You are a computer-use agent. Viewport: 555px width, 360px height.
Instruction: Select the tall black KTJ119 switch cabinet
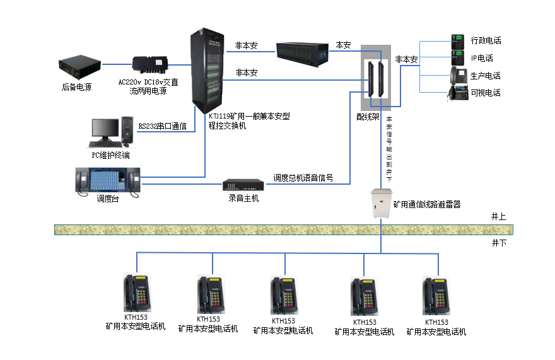(206, 70)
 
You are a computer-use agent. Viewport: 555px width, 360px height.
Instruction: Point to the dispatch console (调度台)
(108, 180)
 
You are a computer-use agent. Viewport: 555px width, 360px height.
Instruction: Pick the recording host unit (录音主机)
(243, 185)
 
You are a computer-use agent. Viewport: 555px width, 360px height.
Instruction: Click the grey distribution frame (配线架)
(375, 77)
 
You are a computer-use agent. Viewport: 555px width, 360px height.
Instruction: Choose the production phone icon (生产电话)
(457, 76)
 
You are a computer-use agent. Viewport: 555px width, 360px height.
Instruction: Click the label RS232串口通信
(162, 126)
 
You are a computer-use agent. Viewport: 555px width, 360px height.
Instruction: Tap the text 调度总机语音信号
(303, 178)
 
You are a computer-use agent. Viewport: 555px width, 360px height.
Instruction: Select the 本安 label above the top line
(343, 45)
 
